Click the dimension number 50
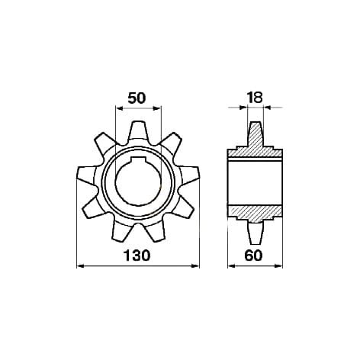137,98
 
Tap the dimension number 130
137,256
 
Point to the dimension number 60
253,256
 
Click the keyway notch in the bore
138,160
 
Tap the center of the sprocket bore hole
138,182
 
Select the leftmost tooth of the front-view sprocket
87,175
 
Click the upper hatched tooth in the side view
255,135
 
